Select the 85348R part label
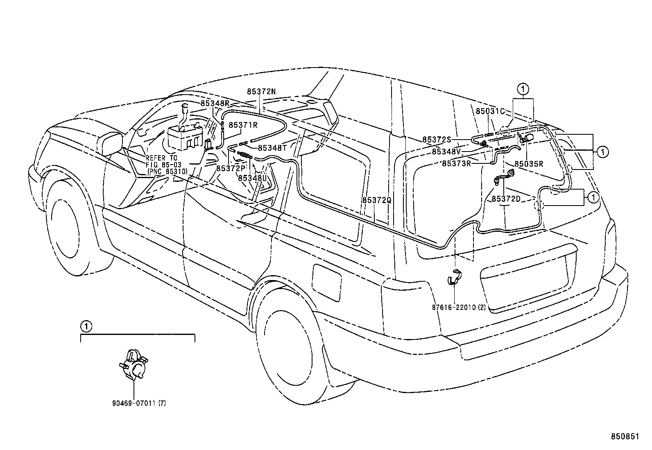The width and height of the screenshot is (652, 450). point(215,104)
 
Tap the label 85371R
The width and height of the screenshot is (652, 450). point(243,125)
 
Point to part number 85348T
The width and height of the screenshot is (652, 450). point(272,148)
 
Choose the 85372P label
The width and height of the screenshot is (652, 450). point(231,168)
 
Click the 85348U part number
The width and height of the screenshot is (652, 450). point(252,178)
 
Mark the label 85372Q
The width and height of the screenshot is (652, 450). point(377,200)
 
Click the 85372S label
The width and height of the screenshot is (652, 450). point(437,140)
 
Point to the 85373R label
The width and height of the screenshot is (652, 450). point(457,163)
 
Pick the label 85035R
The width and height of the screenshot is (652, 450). point(529,164)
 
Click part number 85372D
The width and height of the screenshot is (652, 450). point(506,199)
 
